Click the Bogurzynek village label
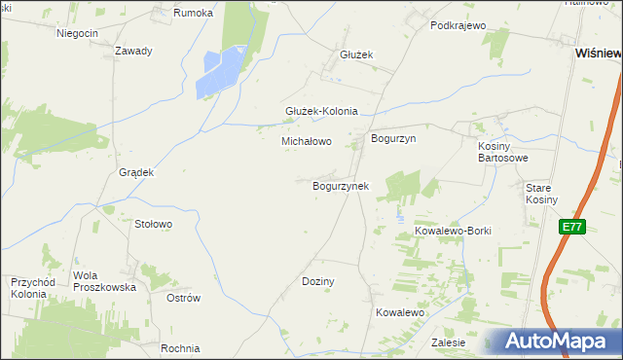[x=340, y=185]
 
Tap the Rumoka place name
[x=192, y=13]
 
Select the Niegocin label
[x=78, y=33]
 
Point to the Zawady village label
[x=133, y=51]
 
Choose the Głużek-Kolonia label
[x=321, y=111]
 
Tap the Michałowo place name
[x=307, y=141]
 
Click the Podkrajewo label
[x=458, y=25]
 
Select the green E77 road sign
[x=572, y=227]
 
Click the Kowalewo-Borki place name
[x=454, y=231]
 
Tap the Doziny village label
[x=318, y=281]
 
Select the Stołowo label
[x=153, y=224]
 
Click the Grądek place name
[x=136, y=172]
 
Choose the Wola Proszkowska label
[x=104, y=281]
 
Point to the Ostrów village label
[x=183, y=298]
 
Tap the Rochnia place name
[x=181, y=348]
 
